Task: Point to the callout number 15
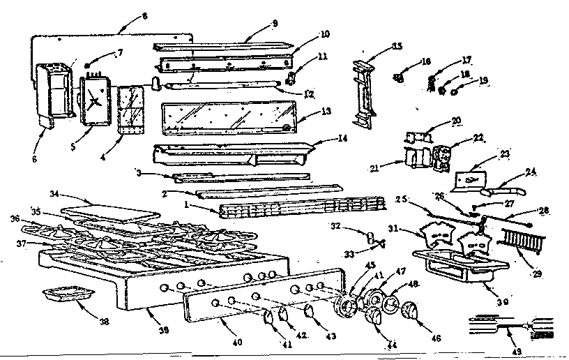point(397,47)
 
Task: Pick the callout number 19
point(483,80)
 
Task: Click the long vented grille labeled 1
point(300,207)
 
